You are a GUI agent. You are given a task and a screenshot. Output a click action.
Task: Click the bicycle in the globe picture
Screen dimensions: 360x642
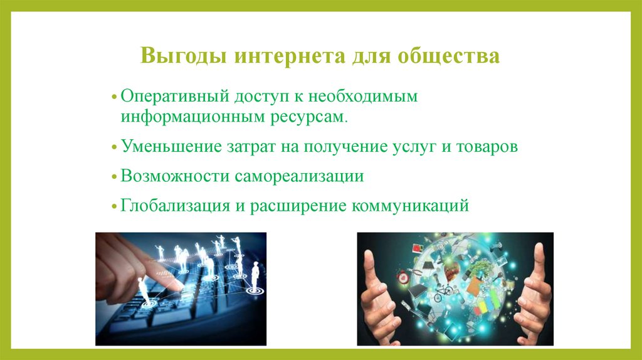pos(443,290)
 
